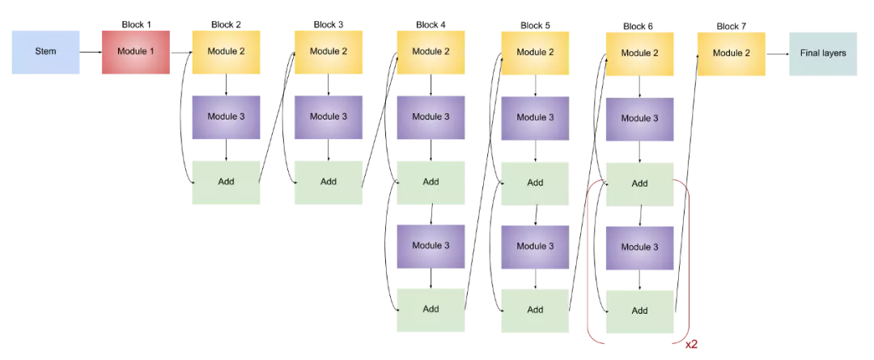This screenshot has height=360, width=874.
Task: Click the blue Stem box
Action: (45, 52)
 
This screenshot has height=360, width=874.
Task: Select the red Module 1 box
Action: (135, 52)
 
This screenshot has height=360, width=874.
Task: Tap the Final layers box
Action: (823, 53)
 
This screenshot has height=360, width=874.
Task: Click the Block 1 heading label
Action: (136, 24)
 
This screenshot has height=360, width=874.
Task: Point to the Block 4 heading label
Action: (431, 24)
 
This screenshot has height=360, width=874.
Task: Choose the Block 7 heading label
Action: (731, 27)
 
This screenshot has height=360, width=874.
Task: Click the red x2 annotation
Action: (691, 344)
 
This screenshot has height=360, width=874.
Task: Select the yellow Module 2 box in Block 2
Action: (226, 52)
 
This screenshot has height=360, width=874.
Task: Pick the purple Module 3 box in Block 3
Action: (328, 116)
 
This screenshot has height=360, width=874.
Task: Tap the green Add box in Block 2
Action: (226, 181)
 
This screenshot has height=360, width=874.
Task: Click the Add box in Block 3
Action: (328, 181)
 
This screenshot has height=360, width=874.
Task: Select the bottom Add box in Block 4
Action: (431, 308)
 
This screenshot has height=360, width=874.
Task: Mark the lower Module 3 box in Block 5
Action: (535, 247)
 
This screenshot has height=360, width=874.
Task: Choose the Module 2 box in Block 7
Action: (731, 53)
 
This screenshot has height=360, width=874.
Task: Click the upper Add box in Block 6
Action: (639, 183)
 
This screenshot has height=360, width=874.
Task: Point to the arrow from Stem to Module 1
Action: (91, 52)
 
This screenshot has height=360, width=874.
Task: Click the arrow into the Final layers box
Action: (777, 54)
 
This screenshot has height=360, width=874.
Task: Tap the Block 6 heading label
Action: (639, 27)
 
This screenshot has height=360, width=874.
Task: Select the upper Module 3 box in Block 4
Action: (431, 116)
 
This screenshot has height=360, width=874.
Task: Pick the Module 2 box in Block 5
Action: (535, 53)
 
